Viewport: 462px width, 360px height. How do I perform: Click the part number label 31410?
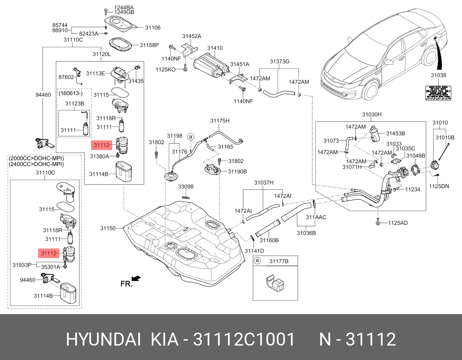(x=215, y=48)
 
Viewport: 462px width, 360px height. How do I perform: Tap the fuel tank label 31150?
(x=108, y=229)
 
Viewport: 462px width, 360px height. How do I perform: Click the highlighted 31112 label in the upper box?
(x=101, y=145)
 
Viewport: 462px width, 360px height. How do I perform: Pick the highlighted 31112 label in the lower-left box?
(x=48, y=253)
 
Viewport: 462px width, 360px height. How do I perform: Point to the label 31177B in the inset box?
(x=278, y=261)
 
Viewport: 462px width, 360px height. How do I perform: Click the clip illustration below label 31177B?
(x=275, y=283)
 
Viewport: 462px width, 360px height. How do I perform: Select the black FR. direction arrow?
(x=136, y=278)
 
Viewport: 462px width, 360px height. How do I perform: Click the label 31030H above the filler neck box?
(x=371, y=115)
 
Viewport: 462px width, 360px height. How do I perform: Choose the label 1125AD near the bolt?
(x=398, y=223)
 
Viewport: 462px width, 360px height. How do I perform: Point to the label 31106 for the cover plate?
(x=153, y=28)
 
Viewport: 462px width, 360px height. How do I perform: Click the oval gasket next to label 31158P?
(x=121, y=45)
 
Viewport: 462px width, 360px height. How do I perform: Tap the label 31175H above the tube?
(x=220, y=121)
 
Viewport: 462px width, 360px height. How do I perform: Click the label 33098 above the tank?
(x=186, y=187)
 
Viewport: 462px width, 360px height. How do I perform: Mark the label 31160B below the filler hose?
(x=269, y=240)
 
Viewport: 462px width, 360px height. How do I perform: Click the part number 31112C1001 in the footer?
(x=244, y=339)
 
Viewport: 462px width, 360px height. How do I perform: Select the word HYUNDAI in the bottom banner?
(x=103, y=339)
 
